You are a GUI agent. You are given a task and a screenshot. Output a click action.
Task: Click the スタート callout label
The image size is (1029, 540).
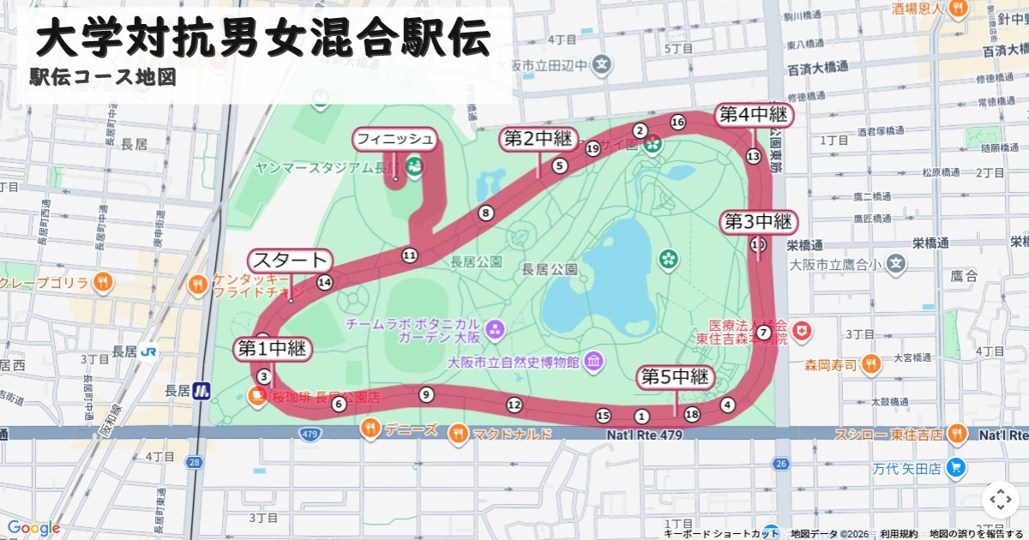coord(290,260)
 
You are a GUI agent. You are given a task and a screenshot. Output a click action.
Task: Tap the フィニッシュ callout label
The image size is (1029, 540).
coord(395,139)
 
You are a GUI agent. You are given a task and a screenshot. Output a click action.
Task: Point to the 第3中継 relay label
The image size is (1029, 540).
coord(759,222)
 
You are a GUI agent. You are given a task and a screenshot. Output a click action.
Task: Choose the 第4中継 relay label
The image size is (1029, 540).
coord(753,114)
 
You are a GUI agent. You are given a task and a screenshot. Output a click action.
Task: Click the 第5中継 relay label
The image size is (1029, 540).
coord(676,376)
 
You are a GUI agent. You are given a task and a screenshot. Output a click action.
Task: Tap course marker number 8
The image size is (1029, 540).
coord(486,213)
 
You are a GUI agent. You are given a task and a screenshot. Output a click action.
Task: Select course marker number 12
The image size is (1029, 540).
coord(514,405)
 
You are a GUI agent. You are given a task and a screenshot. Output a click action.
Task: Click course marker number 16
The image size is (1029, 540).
coord(677,122)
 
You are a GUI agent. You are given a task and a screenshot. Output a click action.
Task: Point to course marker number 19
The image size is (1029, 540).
coord(593,149)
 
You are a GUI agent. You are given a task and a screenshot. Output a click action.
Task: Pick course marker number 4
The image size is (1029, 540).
coord(728,405)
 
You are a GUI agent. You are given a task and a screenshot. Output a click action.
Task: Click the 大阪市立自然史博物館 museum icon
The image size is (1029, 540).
coord(593,363)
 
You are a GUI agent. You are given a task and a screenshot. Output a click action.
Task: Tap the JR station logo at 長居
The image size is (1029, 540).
coord(149,351)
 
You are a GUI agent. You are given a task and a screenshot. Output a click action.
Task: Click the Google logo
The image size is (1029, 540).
coord(33,528)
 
